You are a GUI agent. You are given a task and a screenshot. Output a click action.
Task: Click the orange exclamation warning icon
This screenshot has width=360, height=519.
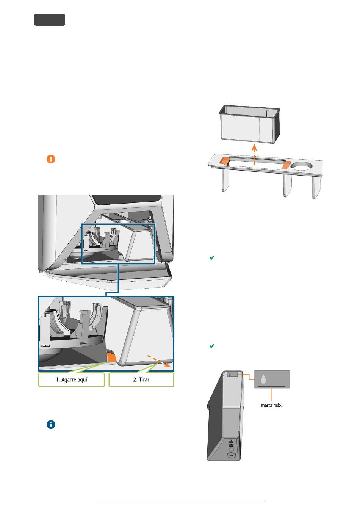pyautogui.click(x=51, y=159)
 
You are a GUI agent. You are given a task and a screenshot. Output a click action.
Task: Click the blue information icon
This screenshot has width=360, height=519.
pyautogui.click(x=51, y=425)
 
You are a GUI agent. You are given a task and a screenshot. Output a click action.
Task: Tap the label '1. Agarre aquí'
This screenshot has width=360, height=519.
pyautogui.click(x=71, y=380)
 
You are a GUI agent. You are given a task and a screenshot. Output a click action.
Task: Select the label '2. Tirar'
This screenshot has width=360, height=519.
pyautogui.click(x=141, y=380)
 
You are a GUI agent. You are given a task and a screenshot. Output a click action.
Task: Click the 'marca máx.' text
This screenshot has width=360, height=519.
pyautogui.click(x=271, y=405)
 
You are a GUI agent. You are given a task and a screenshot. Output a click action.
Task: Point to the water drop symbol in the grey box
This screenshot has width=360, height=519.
pyautogui.click(x=263, y=379)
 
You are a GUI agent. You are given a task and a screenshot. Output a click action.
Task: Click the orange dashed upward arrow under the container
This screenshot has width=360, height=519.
pyautogui.click(x=254, y=155)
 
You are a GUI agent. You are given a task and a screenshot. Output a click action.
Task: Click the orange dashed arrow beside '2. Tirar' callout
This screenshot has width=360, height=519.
pyautogui.click(x=158, y=361)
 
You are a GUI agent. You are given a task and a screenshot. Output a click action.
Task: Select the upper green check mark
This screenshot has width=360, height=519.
pyautogui.click(x=211, y=258)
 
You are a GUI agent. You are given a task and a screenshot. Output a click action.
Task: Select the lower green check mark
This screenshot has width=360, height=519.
pyautogui.click(x=211, y=346)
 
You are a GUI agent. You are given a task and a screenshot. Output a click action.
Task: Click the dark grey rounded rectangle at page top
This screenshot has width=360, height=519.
pyautogui.click(x=50, y=20)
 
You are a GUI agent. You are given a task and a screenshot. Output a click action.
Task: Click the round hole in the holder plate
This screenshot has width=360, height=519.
pyautogui.click(x=301, y=166)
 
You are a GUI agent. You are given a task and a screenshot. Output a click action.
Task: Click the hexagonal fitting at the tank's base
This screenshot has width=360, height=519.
pyautogui.click(x=231, y=456)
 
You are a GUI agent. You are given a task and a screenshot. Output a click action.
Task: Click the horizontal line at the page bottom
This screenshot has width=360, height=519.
pyautogui.click(x=180, y=501)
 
